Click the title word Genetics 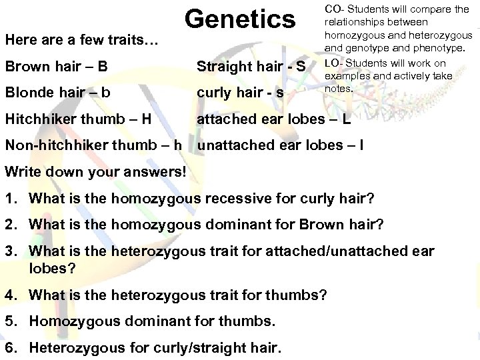click(240, 19)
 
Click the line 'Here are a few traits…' click(81, 42)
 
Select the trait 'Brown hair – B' click(57, 66)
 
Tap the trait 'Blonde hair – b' click(58, 93)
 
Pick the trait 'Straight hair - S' click(251, 66)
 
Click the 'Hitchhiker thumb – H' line click(77, 119)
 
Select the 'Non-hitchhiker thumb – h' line click(95, 145)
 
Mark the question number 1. click(12, 198)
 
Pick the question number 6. click(12, 347)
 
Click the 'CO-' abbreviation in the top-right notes click(333, 9)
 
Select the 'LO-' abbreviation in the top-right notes click(333, 63)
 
